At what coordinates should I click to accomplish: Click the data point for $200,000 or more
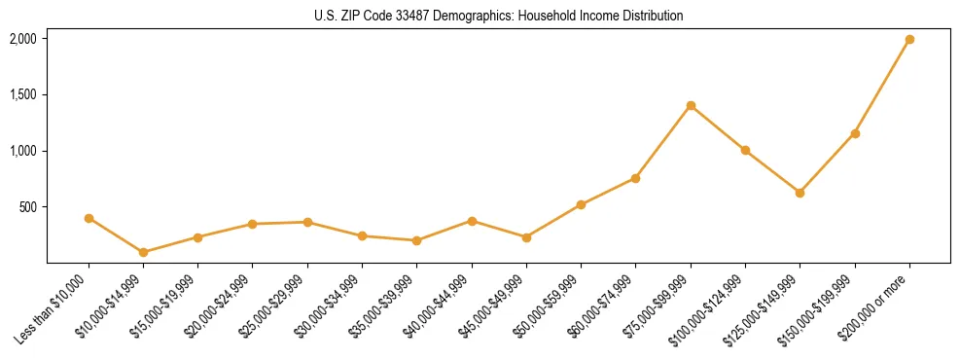[909, 40]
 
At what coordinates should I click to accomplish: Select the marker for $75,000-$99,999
[691, 105]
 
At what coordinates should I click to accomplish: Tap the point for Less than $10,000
[89, 218]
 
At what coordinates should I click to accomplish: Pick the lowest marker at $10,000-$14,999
[143, 252]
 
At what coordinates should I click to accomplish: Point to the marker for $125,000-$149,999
[800, 193]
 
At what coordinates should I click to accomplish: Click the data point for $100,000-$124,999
[745, 151]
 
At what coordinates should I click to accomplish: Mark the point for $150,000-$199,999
[855, 133]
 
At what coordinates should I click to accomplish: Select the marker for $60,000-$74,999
[635, 178]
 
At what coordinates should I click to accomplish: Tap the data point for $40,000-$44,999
[472, 221]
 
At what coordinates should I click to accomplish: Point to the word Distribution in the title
[651, 17]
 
